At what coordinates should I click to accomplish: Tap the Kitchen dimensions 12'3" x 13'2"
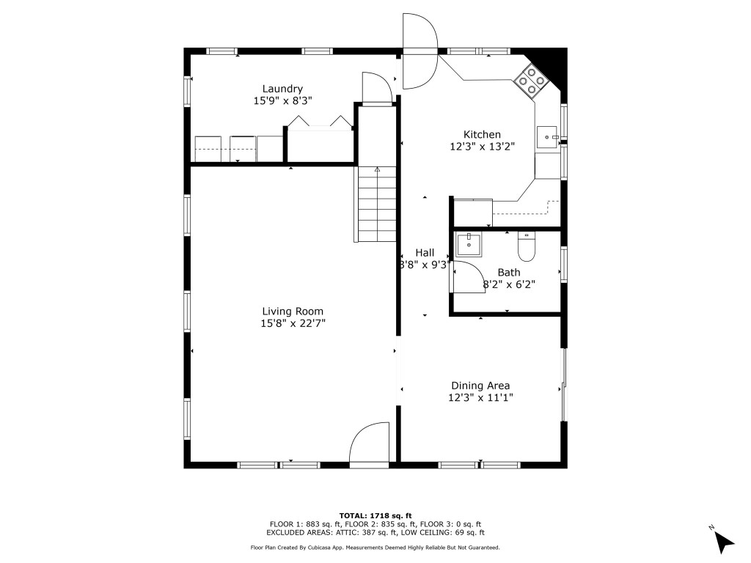[482, 146]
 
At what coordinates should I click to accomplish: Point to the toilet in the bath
[527, 248]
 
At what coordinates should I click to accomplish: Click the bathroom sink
[468, 245]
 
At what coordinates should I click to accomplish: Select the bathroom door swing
[468, 279]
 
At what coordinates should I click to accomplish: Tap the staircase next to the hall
[376, 205]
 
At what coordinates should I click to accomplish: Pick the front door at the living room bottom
[370, 445]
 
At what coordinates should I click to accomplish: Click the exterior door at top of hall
[420, 52]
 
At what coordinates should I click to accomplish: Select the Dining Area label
[480, 386]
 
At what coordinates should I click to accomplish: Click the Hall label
[425, 252]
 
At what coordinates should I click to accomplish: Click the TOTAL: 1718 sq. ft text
[375, 515]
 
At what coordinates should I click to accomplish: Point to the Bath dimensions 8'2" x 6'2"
[508, 284]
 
